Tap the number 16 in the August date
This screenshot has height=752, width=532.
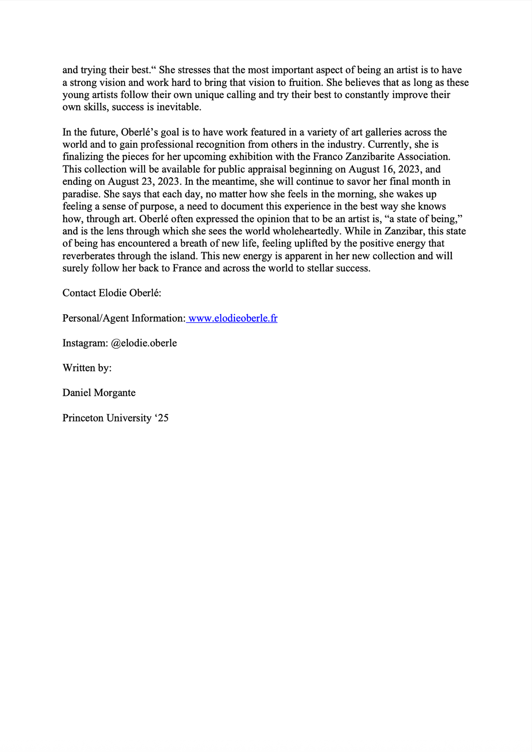387,169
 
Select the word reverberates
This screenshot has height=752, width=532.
89,256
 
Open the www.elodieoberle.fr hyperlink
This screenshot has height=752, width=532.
233,319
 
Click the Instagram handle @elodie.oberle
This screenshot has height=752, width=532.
144,343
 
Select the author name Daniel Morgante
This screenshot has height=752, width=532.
99,393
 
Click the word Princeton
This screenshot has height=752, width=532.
83,418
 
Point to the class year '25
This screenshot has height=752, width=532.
162,418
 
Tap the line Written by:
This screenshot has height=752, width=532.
87,368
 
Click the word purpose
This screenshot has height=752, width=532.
158,207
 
